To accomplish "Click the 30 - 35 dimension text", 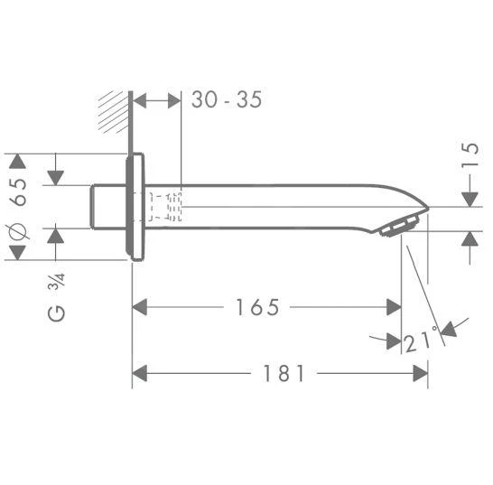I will (x=227, y=99).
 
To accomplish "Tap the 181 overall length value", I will (x=285, y=373).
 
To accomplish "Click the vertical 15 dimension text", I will (x=468, y=155).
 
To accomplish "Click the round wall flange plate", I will (x=135, y=207).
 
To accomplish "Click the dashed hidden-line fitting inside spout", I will (x=166, y=207).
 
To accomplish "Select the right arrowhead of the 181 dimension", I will (x=420, y=372).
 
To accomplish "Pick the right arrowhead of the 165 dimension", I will (x=394, y=307).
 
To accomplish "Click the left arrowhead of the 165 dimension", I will (x=140, y=307).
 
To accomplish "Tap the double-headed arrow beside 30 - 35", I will (x=157, y=99).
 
